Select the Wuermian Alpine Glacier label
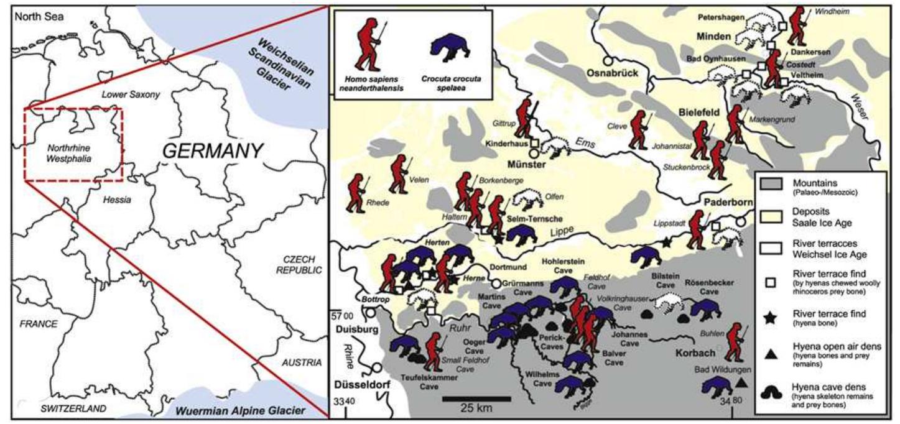pyautogui.click(x=240, y=410)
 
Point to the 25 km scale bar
pyautogui.click(x=476, y=399)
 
